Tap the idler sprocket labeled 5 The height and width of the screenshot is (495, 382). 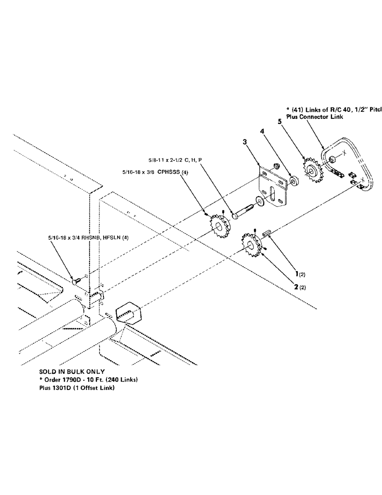point(312,172)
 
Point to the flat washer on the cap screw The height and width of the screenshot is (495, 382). point(259,200)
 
